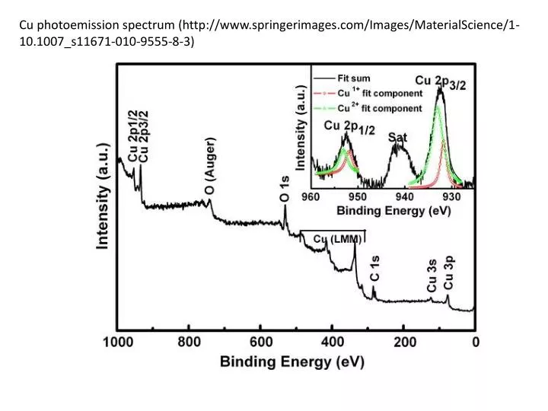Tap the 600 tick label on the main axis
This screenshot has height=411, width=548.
(x=260, y=342)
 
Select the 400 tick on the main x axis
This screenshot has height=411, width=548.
(x=332, y=342)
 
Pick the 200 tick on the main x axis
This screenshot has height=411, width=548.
(x=404, y=342)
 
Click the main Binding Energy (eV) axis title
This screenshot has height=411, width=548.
(x=292, y=362)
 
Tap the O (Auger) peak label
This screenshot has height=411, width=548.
(x=209, y=165)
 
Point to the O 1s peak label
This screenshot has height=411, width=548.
(x=284, y=188)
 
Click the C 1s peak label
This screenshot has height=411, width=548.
(x=374, y=269)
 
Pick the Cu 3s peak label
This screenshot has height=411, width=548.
(x=432, y=276)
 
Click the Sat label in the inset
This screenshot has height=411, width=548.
(x=398, y=137)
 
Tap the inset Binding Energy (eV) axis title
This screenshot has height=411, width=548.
(x=394, y=210)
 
